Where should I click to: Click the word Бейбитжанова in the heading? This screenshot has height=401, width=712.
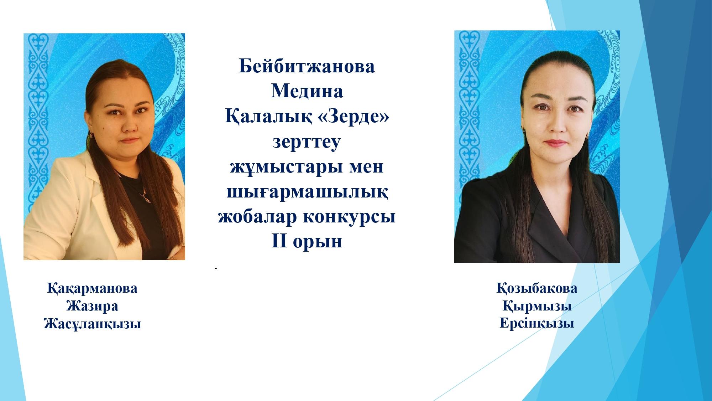point(307,66)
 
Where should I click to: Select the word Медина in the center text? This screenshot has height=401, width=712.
point(307,91)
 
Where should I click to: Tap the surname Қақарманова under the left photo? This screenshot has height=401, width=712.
point(92,288)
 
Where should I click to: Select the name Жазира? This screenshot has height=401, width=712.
point(92,306)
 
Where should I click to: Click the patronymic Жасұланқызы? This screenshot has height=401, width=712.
point(92,324)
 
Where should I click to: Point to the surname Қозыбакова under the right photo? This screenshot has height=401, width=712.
point(537,288)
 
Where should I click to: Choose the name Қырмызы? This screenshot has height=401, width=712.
point(537,306)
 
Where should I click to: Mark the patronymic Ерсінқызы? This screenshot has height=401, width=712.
point(537,324)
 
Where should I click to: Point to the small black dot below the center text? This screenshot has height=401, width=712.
point(216,268)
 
